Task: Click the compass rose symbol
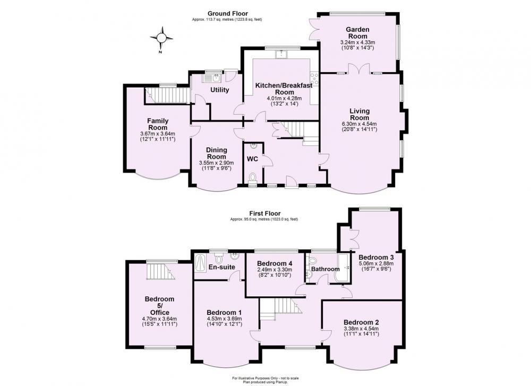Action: [x=161, y=38]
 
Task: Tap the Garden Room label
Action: [x=357, y=33]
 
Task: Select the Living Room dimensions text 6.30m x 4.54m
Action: [x=359, y=124]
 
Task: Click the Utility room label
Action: [x=219, y=90]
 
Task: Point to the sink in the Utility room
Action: [x=212, y=79]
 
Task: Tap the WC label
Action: [x=252, y=159]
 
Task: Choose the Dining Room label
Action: [x=217, y=153]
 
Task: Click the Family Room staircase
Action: [x=167, y=95]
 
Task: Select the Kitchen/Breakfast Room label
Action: [x=284, y=89]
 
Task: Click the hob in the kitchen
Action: [x=314, y=79]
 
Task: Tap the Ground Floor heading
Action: [x=228, y=14]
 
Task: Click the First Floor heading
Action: [x=265, y=213]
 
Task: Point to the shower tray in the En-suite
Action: [x=201, y=263]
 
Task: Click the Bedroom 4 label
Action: [x=275, y=263]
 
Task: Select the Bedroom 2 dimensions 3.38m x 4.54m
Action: [x=361, y=329]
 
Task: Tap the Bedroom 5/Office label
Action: [x=159, y=306]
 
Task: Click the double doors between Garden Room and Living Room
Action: [x=359, y=68]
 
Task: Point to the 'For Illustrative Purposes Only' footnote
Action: [x=265, y=378]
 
